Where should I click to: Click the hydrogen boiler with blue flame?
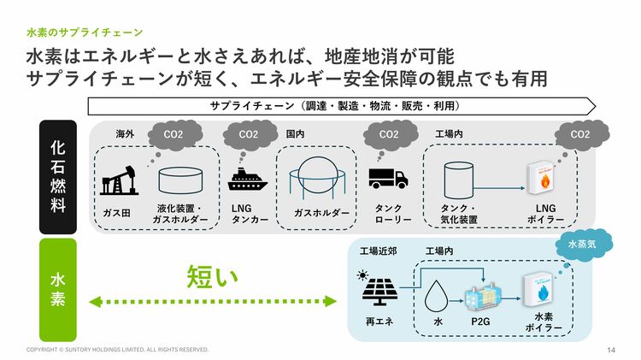540,291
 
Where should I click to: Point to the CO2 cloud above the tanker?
248,134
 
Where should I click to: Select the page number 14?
611,350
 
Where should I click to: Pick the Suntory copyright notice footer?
117,350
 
